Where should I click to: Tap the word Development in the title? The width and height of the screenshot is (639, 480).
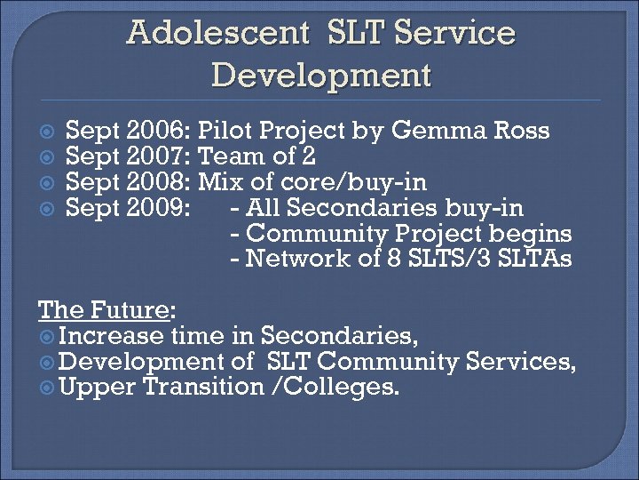pyautogui.click(x=321, y=74)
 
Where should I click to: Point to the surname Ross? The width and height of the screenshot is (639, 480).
pyautogui.click(x=518, y=132)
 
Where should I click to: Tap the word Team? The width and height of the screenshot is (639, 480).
pyautogui.click(x=231, y=157)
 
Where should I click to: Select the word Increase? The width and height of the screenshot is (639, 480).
pyautogui.click(x=112, y=336)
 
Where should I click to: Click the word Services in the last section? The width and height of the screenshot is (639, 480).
pyautogui.click(x=532, y=362)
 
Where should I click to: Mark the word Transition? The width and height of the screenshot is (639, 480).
pyautogui.click(x=203, y=388)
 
